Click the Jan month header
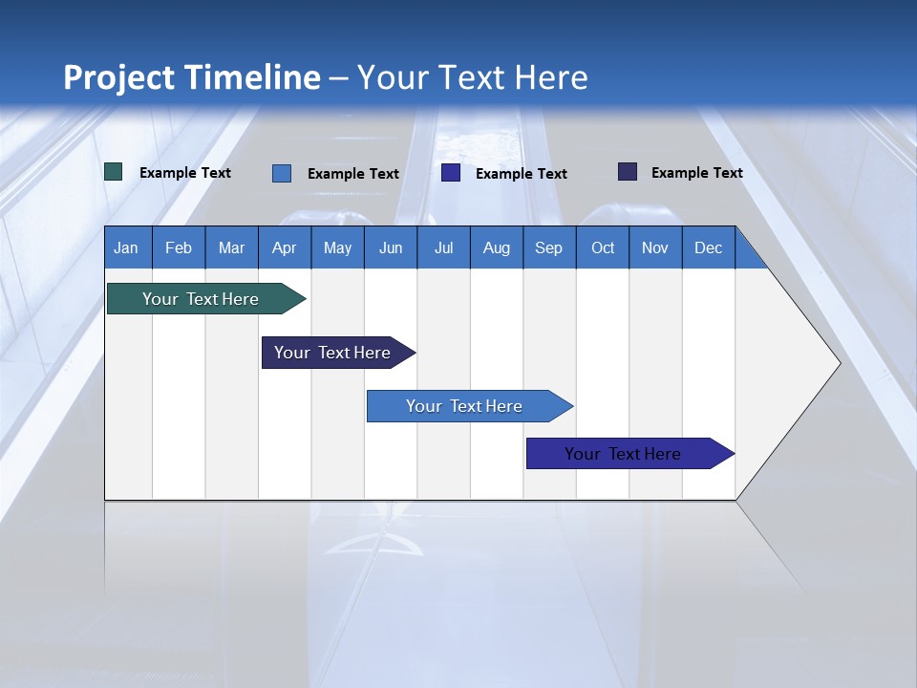(x=127, y=247)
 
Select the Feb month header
(x=179, y=247)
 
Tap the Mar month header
(x=231, y=247)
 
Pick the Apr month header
(x=285, y=247)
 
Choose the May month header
(x=337, y=247)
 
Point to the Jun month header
(x=391, y=247)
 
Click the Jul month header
(x=443, y=247)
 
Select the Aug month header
(x=497, y=247)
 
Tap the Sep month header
(x=549, y=247)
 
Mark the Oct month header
(x=603, y=247)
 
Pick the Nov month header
(x=655, y=247)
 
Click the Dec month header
(x=709, y=247)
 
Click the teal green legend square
(x=114, y=172)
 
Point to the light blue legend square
(x=282, y=173)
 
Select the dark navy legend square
(x=628, y=172)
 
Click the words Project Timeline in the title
(x=192, y=77)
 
